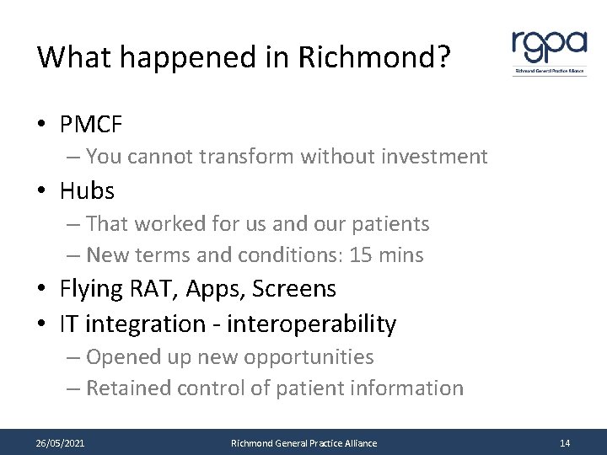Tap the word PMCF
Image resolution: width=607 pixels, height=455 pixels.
coord(91,125)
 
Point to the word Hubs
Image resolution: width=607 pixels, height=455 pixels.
coord(87,191)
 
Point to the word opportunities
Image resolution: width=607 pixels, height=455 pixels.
coord(308,356)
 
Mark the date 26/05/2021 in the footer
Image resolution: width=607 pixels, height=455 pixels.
coord(60,442)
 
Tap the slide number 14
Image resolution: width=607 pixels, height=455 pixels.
coord(564,442)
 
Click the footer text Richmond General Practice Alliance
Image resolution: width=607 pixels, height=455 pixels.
coord(304,442)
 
